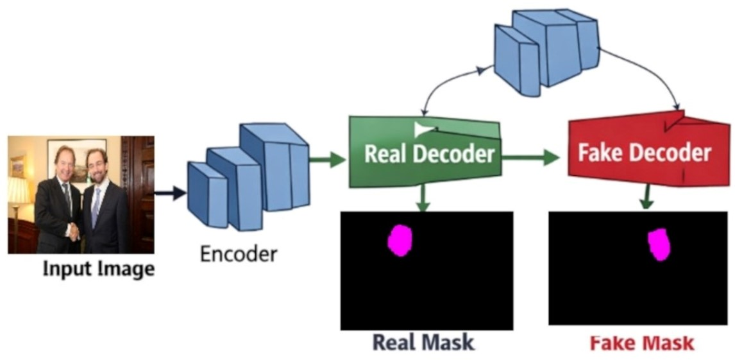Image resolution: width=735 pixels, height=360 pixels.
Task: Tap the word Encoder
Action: point(239,255)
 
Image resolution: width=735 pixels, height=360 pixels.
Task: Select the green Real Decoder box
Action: point(425,151)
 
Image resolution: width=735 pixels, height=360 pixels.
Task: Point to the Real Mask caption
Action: point(423,343)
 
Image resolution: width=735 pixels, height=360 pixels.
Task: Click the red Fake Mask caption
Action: point(641,343)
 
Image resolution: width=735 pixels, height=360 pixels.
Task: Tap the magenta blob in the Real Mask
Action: point(400,241)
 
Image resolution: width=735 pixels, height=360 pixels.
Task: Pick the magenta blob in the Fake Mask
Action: point(659,244)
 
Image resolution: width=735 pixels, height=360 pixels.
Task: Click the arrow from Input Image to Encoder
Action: point(170,192)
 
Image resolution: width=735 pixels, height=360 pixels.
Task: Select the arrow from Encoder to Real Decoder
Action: point(328,160)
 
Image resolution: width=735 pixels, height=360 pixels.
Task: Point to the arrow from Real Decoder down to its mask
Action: point(423,198)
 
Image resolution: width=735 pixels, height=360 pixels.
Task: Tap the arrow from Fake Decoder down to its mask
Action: point(647,196)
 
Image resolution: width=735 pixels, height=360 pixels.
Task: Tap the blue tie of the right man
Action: point(96,207)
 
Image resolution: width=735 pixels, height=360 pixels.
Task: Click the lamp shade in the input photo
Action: point(18,191)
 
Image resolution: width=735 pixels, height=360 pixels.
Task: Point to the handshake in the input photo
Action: point(74,232)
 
